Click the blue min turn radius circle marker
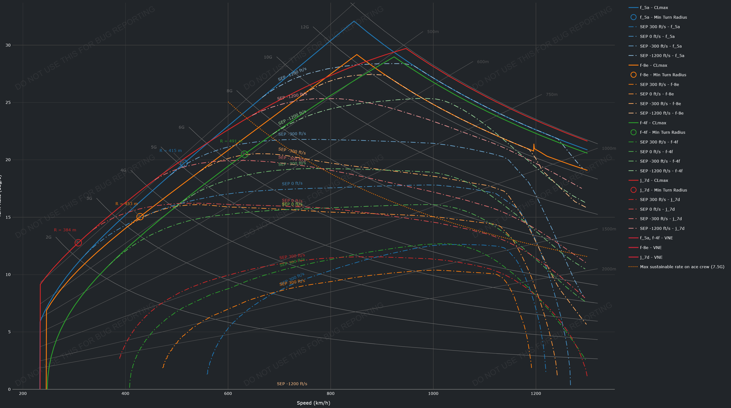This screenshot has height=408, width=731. point(184,163)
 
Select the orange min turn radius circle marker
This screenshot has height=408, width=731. point(140,217)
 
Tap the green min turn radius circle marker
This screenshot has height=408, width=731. point(244,154)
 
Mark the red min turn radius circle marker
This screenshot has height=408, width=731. point(78,242)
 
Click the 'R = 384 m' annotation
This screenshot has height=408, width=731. point(65,230)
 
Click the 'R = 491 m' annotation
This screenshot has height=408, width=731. point(231,141)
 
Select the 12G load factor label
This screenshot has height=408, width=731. point(304,27)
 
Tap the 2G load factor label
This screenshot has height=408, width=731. point(49,237)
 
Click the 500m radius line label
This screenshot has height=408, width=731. point(433,32)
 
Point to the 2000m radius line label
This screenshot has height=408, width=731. point(609,269)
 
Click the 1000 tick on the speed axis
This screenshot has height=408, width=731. point(433,393)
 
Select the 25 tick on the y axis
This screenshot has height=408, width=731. point(8,102)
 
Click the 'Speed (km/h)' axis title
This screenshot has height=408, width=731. point(313,403)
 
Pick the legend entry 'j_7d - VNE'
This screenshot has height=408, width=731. point(651,257)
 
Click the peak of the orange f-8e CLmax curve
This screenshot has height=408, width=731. point(357,55)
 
